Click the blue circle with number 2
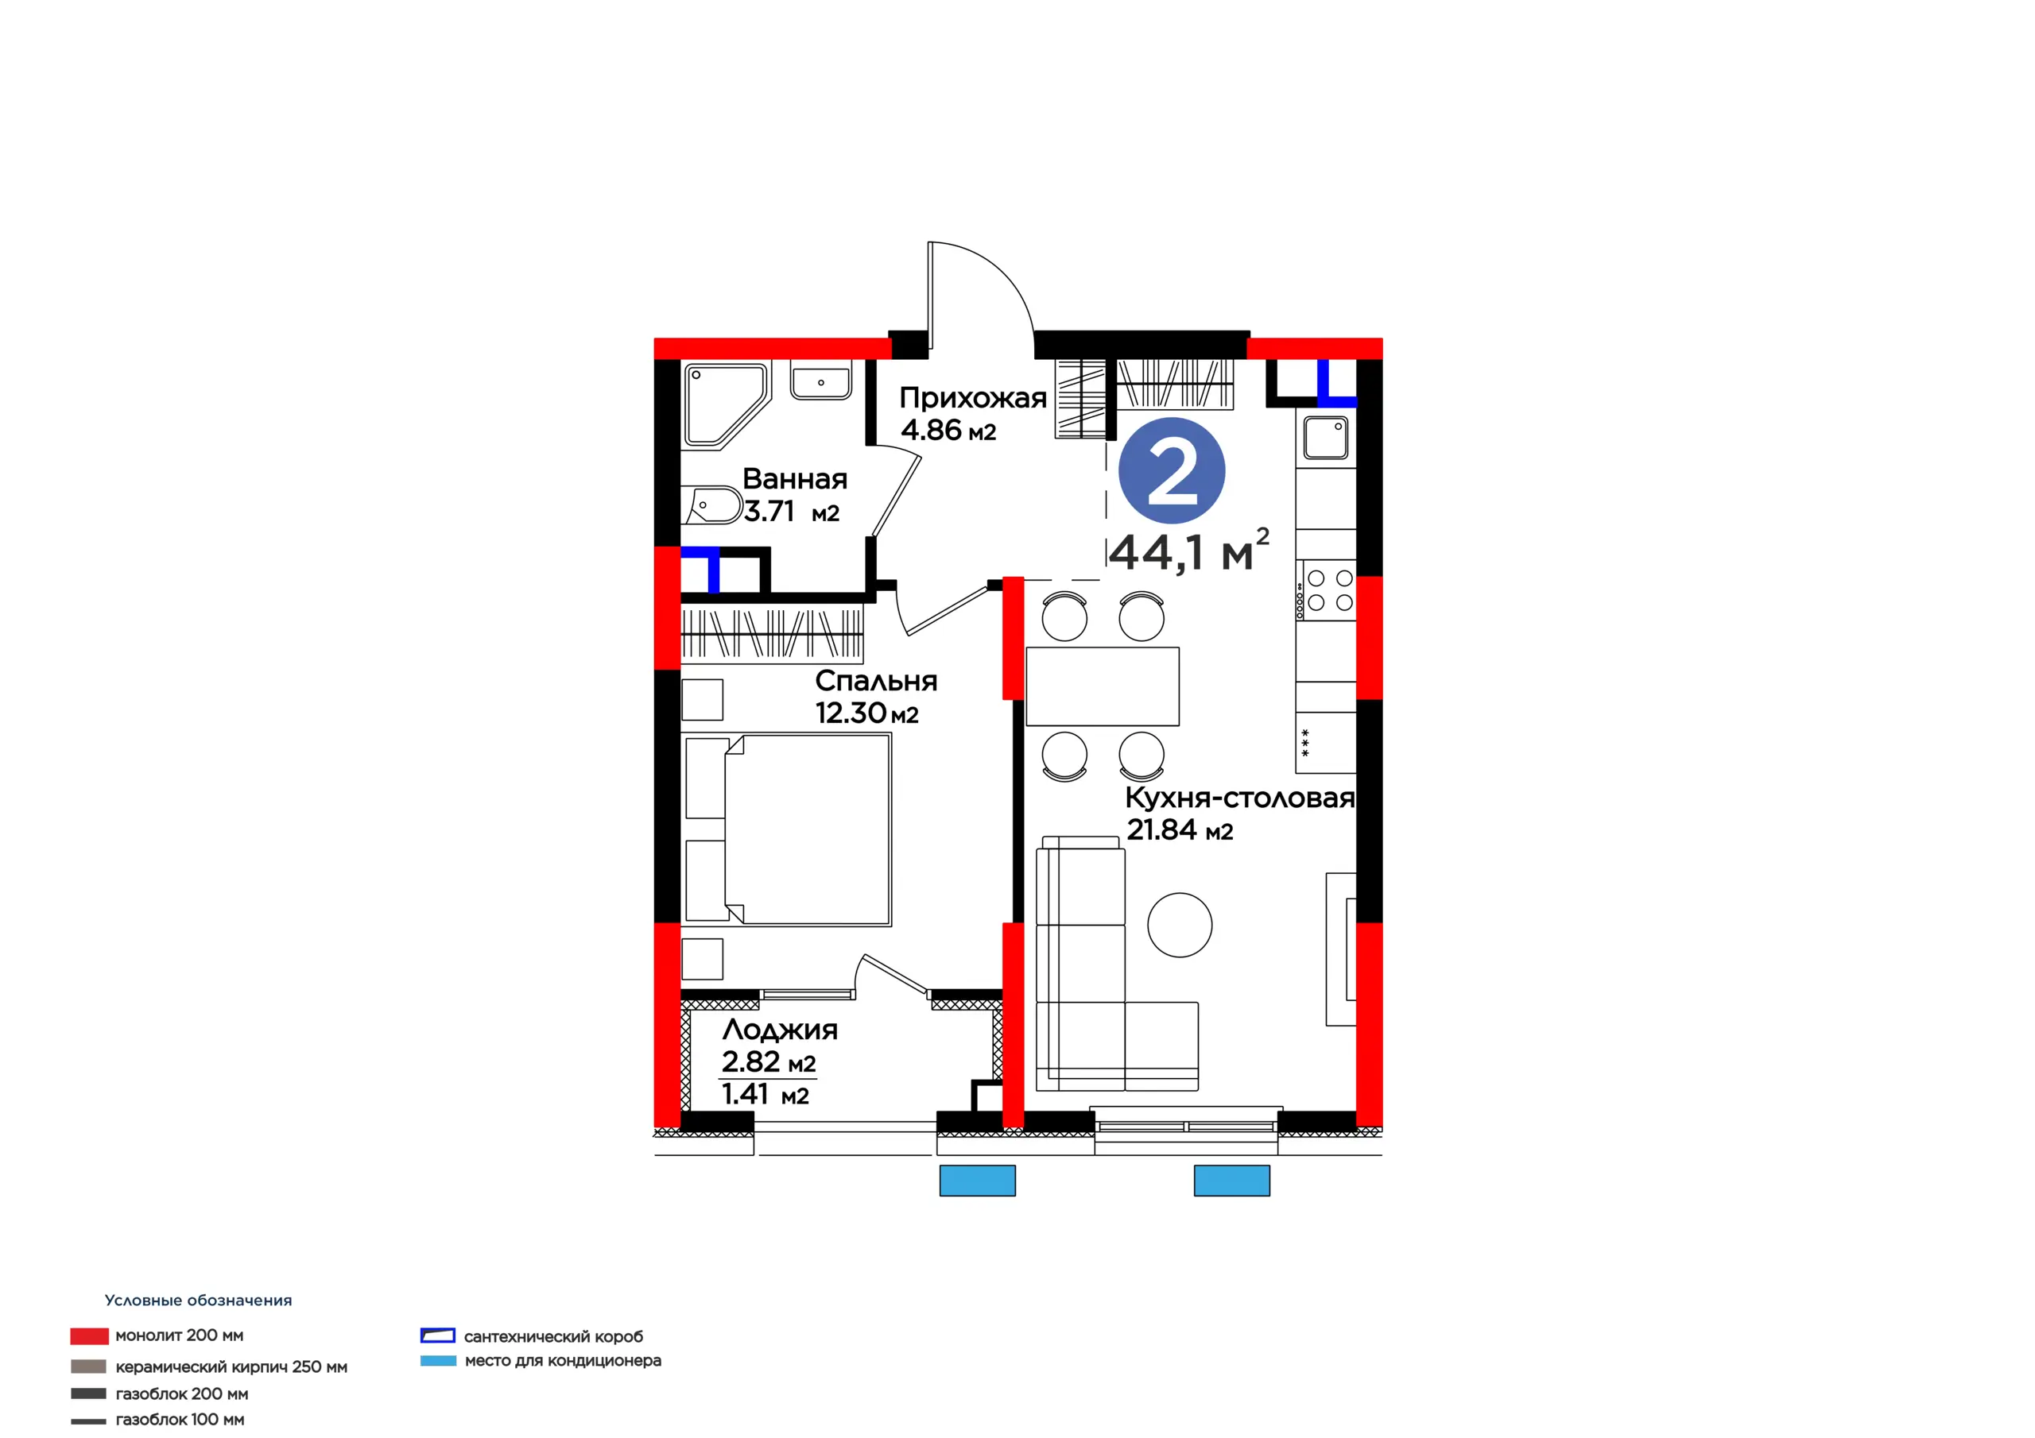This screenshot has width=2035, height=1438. coord(1172,470)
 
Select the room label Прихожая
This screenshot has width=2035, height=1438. coord(973,398)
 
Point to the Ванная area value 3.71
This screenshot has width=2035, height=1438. coord(769,511)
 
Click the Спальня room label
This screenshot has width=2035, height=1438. coord(876,680)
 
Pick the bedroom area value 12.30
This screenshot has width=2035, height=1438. coord(851,713)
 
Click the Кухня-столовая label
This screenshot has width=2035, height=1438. coord(1240,798)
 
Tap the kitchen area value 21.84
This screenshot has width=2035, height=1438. coord(1162,829)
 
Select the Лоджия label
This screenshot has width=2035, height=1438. coord(780,1030)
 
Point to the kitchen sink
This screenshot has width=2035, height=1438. coord(1326,438)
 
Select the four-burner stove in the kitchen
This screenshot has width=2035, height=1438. coord(1326,590)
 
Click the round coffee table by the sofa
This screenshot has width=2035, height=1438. coord(1180,924)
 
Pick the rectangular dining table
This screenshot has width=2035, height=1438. coord(1103,686)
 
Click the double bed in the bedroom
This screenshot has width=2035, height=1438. coord(787,829)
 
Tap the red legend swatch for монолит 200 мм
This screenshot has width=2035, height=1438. coord(90,1336)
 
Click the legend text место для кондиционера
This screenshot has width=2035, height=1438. coord(563,1360)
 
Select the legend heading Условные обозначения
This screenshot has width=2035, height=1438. coord(199,1300)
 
